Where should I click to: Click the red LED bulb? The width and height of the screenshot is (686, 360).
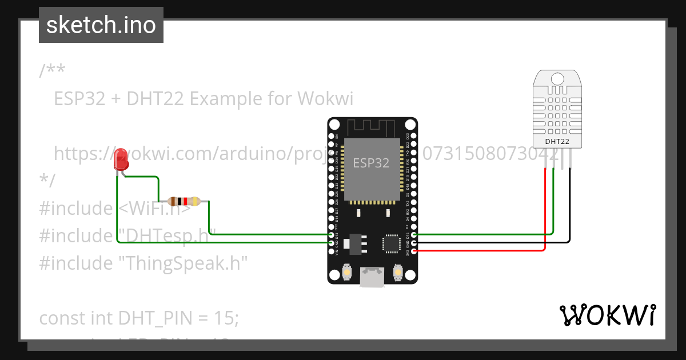click(x=121, y=159)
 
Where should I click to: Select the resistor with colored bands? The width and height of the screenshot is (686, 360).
click(x=184, y=201)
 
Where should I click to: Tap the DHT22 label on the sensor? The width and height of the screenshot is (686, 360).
click(x=557, y=141)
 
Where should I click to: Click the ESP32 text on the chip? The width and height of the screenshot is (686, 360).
click(x=371, y=163)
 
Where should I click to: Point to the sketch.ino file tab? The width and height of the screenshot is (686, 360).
click(x=101, y=25)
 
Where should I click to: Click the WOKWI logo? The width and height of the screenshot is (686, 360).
click(x=607, y=315)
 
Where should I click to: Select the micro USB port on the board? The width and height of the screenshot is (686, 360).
click(x=372, y=278)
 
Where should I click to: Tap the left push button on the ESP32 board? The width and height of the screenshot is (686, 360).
click(x=346, y=273)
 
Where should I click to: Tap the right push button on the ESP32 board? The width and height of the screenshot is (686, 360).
click(x=398, y=273)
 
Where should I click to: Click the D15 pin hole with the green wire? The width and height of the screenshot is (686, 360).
click(x=413, y=234)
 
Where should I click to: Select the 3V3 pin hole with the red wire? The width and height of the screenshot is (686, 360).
click(x=413, y=250)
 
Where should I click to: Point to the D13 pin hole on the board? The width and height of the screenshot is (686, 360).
click(x=332, y=234)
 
